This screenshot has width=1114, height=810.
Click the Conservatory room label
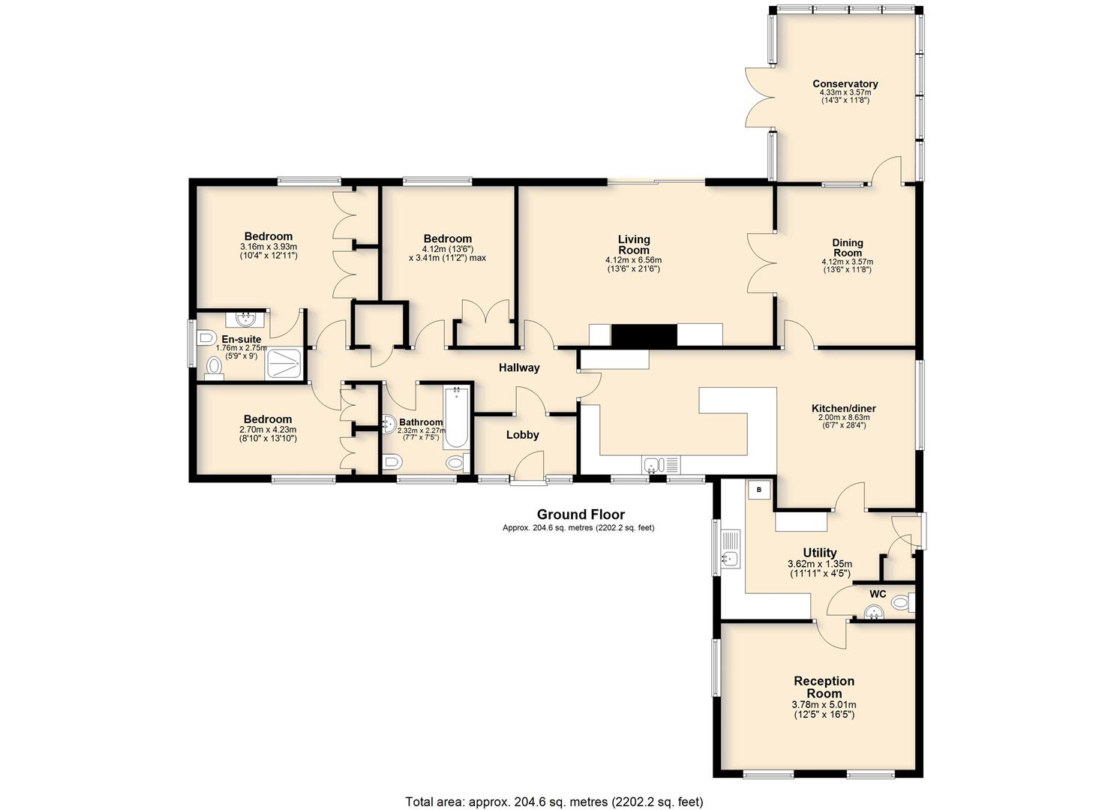[845, 83]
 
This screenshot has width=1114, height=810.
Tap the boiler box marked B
[759, 490]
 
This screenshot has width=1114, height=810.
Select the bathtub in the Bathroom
[456, 418]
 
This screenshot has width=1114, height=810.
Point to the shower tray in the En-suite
[284, 364]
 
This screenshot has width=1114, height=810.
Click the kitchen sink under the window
[661, 465]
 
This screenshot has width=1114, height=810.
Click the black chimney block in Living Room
[644, 334]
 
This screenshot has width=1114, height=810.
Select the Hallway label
[519, 368]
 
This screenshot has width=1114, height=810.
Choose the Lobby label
[523, 435]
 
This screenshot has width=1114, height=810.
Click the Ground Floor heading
[581, 514]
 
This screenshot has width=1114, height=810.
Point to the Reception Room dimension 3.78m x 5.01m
[824, 704]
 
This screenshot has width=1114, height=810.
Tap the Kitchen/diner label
[844, 408]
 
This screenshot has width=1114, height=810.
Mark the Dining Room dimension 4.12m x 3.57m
[848, 262]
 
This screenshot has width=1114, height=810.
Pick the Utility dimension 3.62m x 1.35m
[820, 564]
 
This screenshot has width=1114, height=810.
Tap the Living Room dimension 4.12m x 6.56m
[634, 260]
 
